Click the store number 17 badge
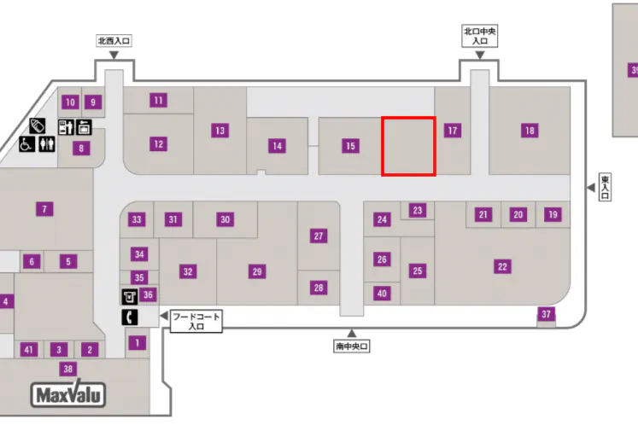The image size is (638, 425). pyautogui.click(x=453, y=131)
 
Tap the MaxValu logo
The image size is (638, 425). pyautogui.click(x=68, y=396)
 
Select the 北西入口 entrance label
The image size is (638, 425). pyautogui.click(x=114, y=40)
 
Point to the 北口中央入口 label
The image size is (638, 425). pyautogui.click(x=480, y=36)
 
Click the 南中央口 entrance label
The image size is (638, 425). pyautogui.click(x=351, y=346)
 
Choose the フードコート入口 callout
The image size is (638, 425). pyautogui.click(x=196, y=321)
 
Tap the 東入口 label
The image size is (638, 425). pyautogui.click(x=605, y=187)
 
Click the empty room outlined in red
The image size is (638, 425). pyautogui.click(x=408, y=147)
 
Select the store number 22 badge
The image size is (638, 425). pyautogui.click(x=503, y=267)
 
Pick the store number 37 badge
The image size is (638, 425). pyautogui.click(x=547, y=315)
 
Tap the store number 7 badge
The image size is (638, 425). pyautogui.click(x=44, y=207)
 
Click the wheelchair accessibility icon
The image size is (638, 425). pyautogui.click(x=27, y=145)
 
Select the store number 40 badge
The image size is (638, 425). pyautogui.click(x=382, y=294)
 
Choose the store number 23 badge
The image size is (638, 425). pyautogui.click(x=418, y=210)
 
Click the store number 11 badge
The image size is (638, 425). pyautogui.click(x=159, y=100)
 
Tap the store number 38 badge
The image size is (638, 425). pyautogui.click(x=68, y=369)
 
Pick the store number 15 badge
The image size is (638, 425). pyautogui.click(x=350, y=146)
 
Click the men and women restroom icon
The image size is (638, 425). pyautogui.click(x=45, y=145)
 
